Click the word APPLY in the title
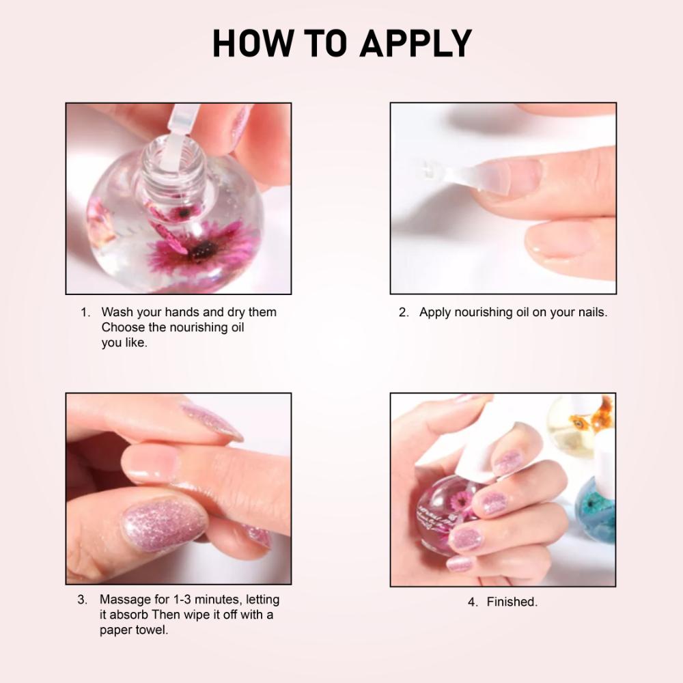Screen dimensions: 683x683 415,44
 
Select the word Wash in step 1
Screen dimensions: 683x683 117,312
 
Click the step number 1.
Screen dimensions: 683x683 85,312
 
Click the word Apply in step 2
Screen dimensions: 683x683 435,312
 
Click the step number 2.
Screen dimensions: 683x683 403,312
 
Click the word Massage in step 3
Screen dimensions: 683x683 126,600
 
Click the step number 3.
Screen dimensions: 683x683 82,600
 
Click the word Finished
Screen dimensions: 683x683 512,602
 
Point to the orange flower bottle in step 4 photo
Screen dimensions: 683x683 582,423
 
